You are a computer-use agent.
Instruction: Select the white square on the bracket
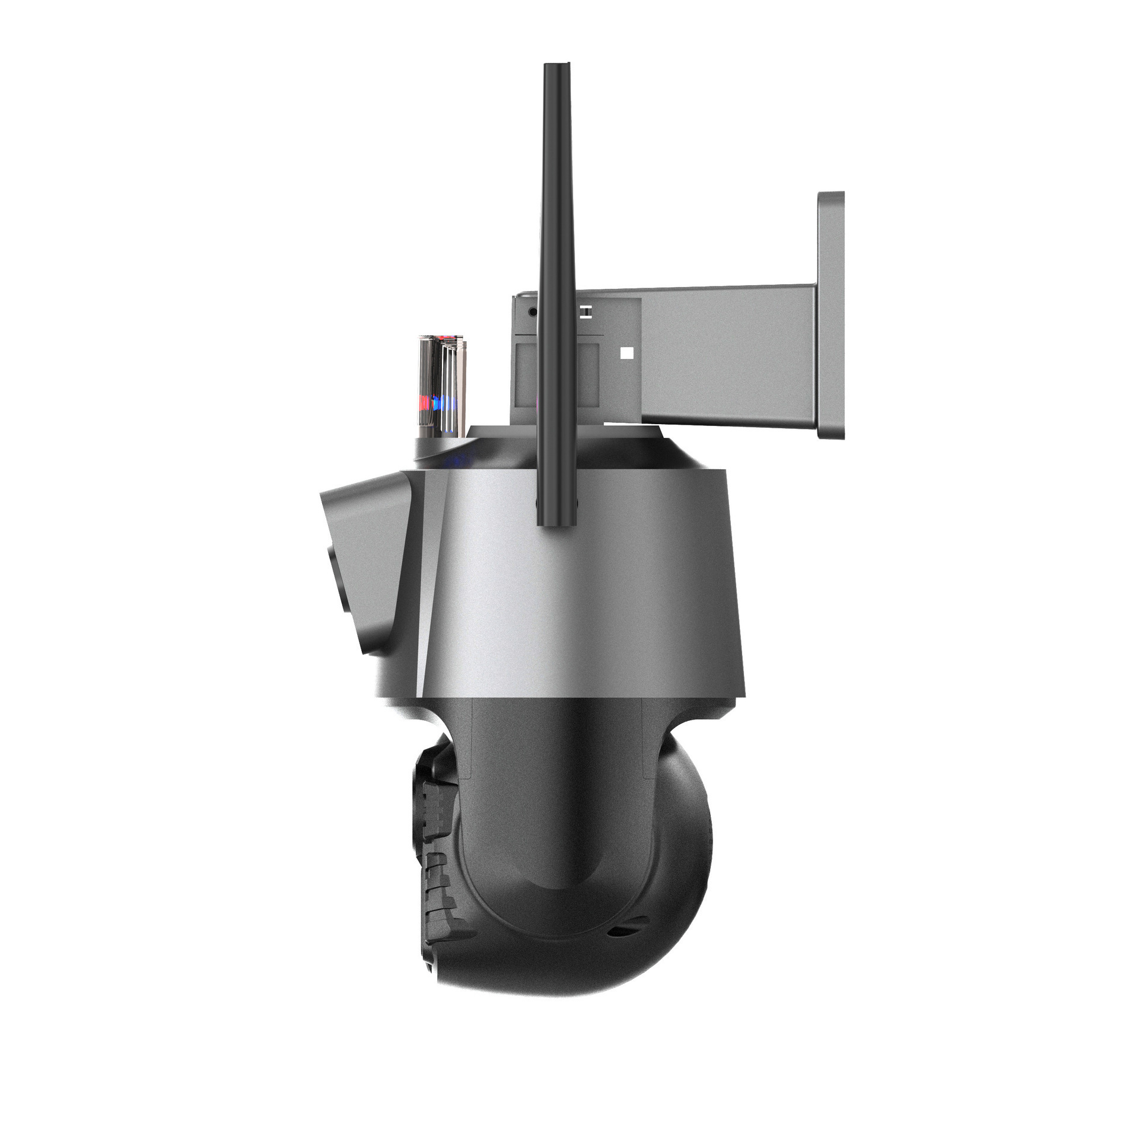click(x=626, y=354)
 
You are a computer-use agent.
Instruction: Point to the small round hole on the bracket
click(x=532, y=311)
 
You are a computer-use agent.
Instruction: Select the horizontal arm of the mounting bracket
click(x=730, y=356)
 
